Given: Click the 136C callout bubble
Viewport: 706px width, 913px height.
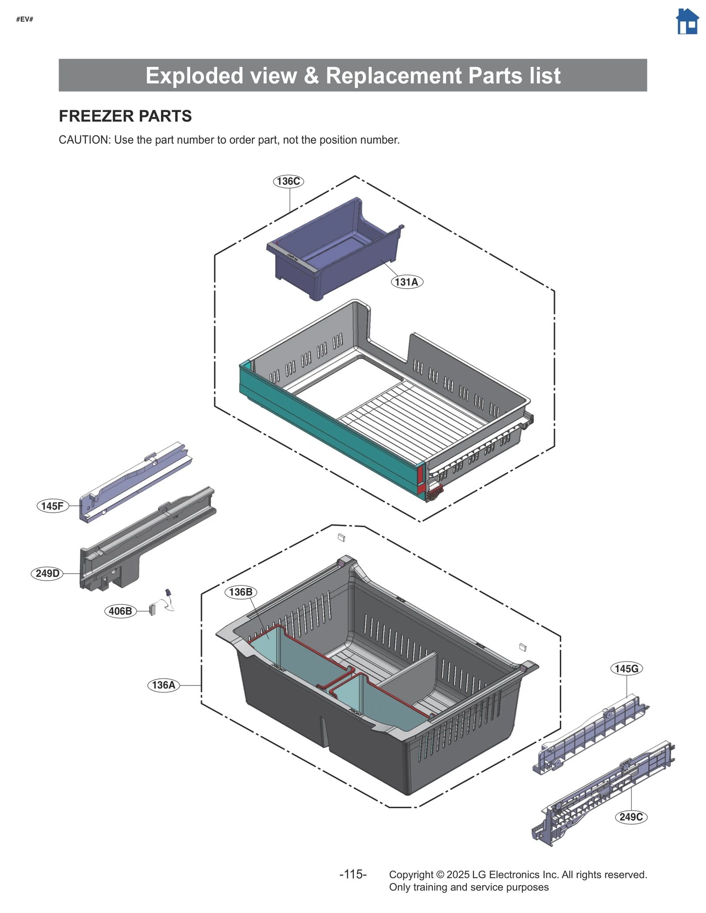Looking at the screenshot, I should pyautogui.click(x=288, y=181).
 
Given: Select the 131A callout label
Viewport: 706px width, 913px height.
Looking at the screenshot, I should pyautogui.click(x=406, y=282).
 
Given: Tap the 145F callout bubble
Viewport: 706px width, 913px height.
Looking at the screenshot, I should pyautogui.click(x=53, y=506).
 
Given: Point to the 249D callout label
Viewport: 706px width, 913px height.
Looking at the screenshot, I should pyautogui.click(x=47, y=573).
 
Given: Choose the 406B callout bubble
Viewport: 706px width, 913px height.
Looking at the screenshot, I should pyautogui.click(x=120, y=611).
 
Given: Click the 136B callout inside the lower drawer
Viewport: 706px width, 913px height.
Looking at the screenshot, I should pyautogui.click(x=240, y=592).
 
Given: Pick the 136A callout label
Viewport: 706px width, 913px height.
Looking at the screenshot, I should pyautogui.click(x=163, y=685).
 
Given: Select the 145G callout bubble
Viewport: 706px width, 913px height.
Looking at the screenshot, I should pyautogui.click(x=626, y=668).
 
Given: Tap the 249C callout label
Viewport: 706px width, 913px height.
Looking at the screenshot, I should pyautogui.click(x=631, y=816).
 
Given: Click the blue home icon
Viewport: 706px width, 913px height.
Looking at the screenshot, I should pyautogui.click(x=687, y=22).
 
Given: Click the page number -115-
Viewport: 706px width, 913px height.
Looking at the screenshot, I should pyautogui.click(x=353, y=874).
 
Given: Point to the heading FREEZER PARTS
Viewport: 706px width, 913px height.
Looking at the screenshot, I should pyautogui.click(x=125, y=116).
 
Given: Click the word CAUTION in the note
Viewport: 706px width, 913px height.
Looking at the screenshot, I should pyautogui.click(x=84, y=140).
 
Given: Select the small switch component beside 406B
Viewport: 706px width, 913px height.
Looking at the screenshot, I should pyautogui.click(x=153, y=609).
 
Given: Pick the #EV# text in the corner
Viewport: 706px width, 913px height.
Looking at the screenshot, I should pyautogui.click(x=25, y=19).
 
